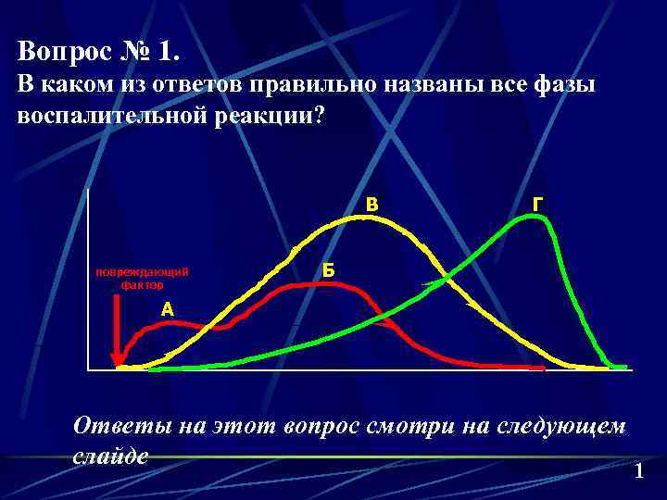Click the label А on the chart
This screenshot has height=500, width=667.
click(x=167, y=309)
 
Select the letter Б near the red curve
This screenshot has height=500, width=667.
click(x=328, y=270)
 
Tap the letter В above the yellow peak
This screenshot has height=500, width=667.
click(x=371, y=203)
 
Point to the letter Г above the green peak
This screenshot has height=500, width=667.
click(x=538, y=203)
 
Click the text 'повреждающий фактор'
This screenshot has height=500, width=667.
click(x=142, y=278)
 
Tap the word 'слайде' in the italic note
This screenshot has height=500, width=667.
click(x=110, y=455)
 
